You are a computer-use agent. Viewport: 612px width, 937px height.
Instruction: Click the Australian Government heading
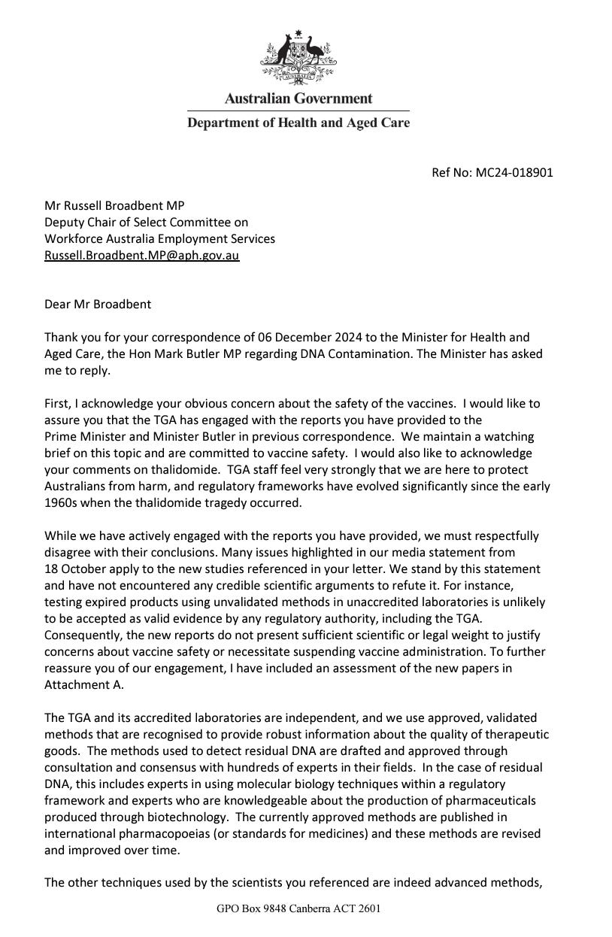(298, 99)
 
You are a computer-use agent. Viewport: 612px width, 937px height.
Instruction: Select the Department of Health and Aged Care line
(298, 123)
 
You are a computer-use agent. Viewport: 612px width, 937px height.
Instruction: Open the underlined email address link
(142, 256)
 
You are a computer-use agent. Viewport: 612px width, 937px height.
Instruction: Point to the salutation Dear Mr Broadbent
(97, 305)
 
